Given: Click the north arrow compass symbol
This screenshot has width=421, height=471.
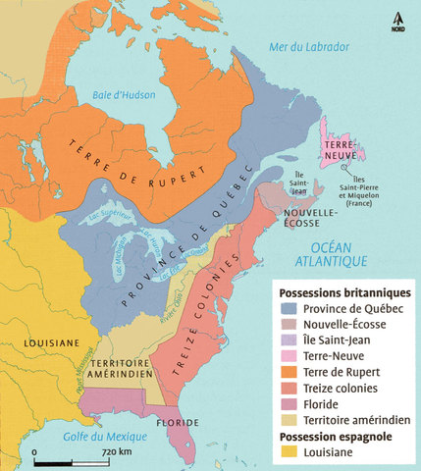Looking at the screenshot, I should [x=397, y=19].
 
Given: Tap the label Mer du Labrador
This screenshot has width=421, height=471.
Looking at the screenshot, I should [x=316, y=47].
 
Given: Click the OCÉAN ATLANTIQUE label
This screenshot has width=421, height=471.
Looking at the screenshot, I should [x=332, y=253].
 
